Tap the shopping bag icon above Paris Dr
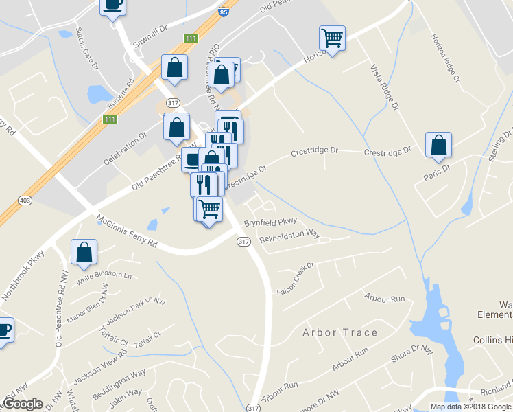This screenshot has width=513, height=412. click(x=438, y=144)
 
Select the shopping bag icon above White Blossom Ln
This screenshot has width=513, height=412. click(x=84, y=251)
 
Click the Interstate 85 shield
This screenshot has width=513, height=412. click(x=224, y=12)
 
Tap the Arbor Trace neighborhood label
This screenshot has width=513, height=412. click(x=340, y=332)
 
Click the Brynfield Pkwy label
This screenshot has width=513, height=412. click(x=270, y=222)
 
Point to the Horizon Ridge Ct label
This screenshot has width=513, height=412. click(x=444, y=59)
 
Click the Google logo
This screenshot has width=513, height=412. click(x=23, y=404)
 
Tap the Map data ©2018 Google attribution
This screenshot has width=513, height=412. click(x=470, y=407)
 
